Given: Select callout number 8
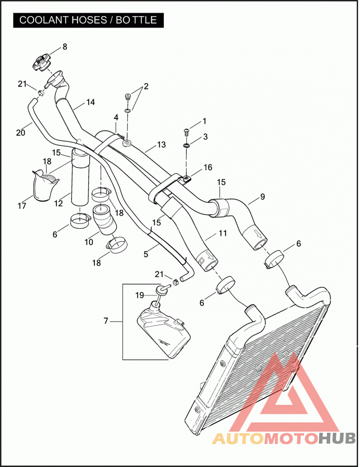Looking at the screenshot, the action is point(64,46).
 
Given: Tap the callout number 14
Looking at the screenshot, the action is point(90,102).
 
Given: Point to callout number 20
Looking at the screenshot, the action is point(21,132).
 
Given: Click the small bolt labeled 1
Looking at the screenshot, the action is point(186,131).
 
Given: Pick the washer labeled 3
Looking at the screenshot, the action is point(187,145).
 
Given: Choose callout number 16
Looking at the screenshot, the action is point(207,168).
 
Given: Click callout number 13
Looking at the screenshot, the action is point(161,145).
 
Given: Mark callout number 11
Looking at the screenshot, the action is point(223,233).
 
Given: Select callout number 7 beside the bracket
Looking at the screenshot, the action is point(106,321).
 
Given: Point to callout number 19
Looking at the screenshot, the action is point(139,295).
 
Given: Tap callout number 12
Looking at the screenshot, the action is point(58,204).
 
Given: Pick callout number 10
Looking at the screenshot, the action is point(89,242).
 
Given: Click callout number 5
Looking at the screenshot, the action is point(146,254).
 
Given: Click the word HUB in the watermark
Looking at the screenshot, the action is point(337,438).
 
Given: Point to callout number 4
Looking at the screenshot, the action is point(116,118).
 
